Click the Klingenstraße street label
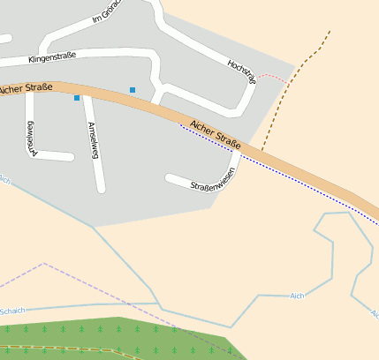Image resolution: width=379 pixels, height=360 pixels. click(52, 56)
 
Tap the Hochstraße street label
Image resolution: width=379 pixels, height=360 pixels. click(240, 72)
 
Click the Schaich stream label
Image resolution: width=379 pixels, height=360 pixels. click(11, 311)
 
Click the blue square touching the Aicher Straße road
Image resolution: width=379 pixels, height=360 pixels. click(77, 97)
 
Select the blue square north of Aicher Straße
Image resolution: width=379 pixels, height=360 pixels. click(133, 90)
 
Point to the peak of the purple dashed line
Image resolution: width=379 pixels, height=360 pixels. click(44, 263)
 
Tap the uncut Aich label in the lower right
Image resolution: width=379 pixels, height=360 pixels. click(296, 296)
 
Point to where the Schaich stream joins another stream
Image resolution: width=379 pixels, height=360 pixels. click(160, 305)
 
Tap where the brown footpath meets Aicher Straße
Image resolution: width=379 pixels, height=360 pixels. click(262, 150)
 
